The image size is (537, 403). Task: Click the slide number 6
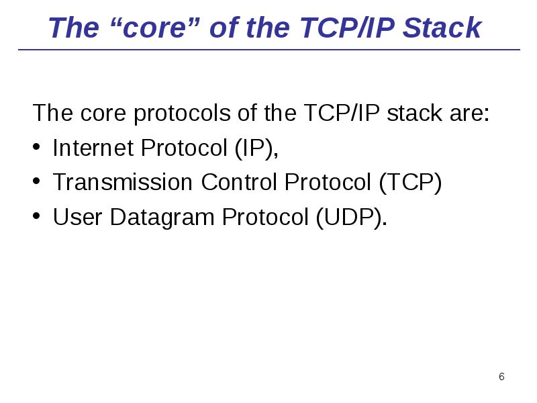501,377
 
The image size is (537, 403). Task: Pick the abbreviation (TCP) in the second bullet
410,183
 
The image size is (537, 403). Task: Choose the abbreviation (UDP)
351,218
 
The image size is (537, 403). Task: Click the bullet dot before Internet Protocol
38,148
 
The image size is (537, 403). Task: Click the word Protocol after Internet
183,148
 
